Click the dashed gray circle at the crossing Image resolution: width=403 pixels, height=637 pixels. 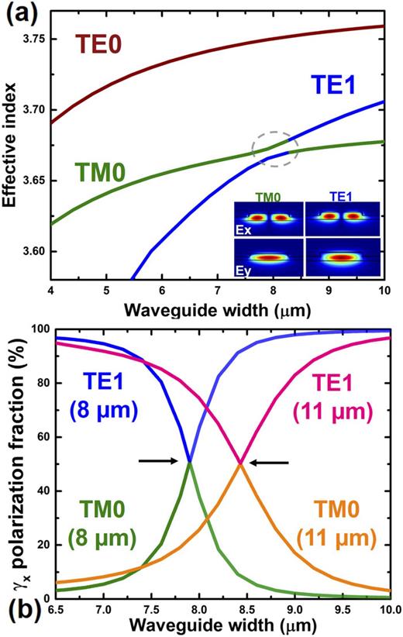click(x=274, y=146)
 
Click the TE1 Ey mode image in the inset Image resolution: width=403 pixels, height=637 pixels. click(x=342, y=258)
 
